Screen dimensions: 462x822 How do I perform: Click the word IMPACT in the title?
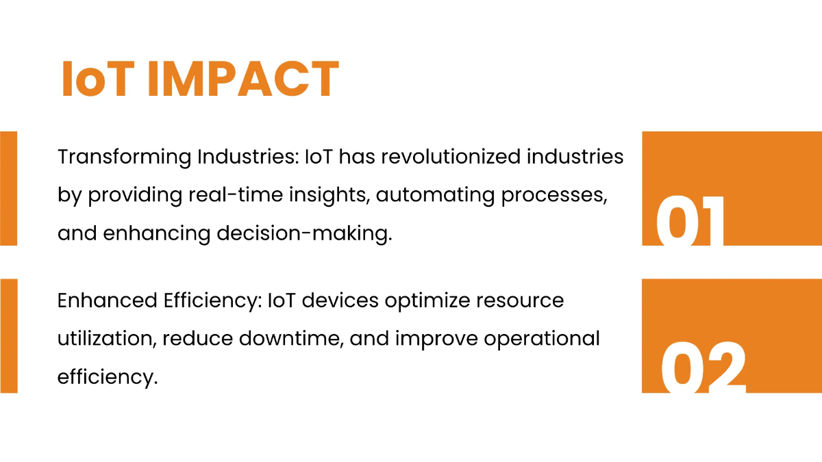click(243, 79)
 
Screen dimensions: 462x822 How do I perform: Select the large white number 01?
click(690, 222)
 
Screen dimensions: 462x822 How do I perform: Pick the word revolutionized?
click(449, 157)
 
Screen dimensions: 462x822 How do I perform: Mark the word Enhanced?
click(98, 300)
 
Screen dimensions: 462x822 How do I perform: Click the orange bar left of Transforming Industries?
click(8, 188)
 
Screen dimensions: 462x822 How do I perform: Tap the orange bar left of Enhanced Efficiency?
click(8, 335)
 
